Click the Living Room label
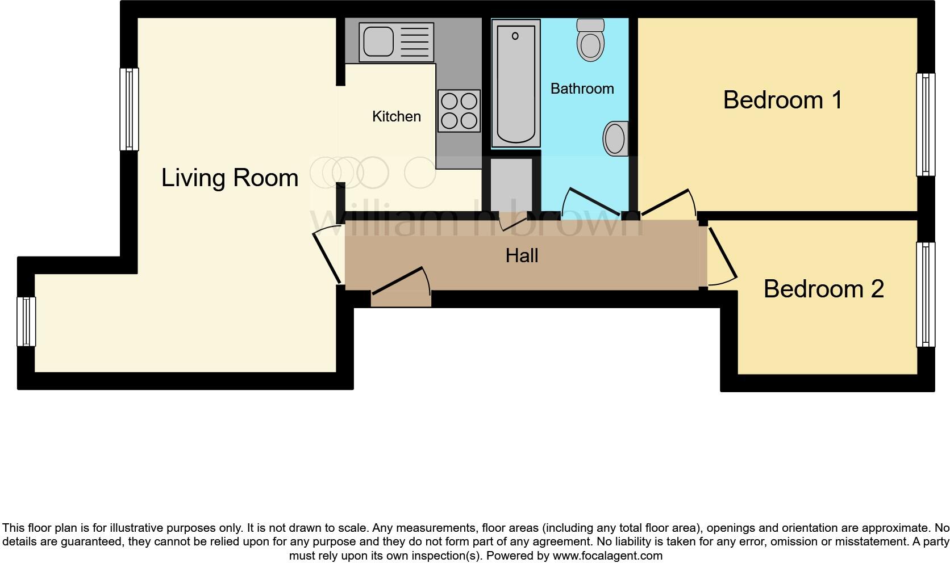click(x=230, y=178)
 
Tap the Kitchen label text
click(x=396, y=116)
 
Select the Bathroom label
click(x=582, y=89)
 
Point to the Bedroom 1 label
click(x=782, y=100)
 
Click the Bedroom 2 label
click(x=823, y=289)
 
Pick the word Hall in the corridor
click(x=522, y=255)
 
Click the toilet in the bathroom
click(x=590, y=40)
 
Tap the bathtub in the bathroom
click(x=515, y=83)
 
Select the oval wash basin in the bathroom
click(x=615, y=138)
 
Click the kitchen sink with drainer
click(x=396, y=42)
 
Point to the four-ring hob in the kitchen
click(x=459, y=111)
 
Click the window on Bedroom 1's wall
click(x=926, y=124)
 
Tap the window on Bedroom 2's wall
click(x=926, y=295)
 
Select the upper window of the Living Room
click(x=129, y=110)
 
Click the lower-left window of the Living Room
click(x=26, y=321)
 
